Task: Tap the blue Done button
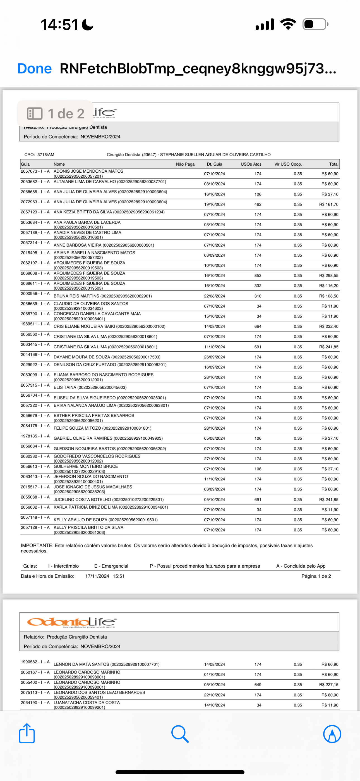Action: pos(35,68)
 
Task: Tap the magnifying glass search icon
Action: pos(180,734)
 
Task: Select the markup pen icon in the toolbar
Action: pos(332,734)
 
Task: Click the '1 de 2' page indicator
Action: pos(56,114)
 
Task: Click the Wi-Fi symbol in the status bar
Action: pos(288,24)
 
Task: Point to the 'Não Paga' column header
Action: pos(185,164)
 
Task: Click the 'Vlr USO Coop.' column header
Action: pos(288,164)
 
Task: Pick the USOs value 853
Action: pos(258,276)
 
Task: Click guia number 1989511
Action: pos(29,324)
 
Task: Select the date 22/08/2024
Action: pos(214,296)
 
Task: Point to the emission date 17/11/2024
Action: pos(97,576)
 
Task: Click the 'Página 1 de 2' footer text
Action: pos(316,576)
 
